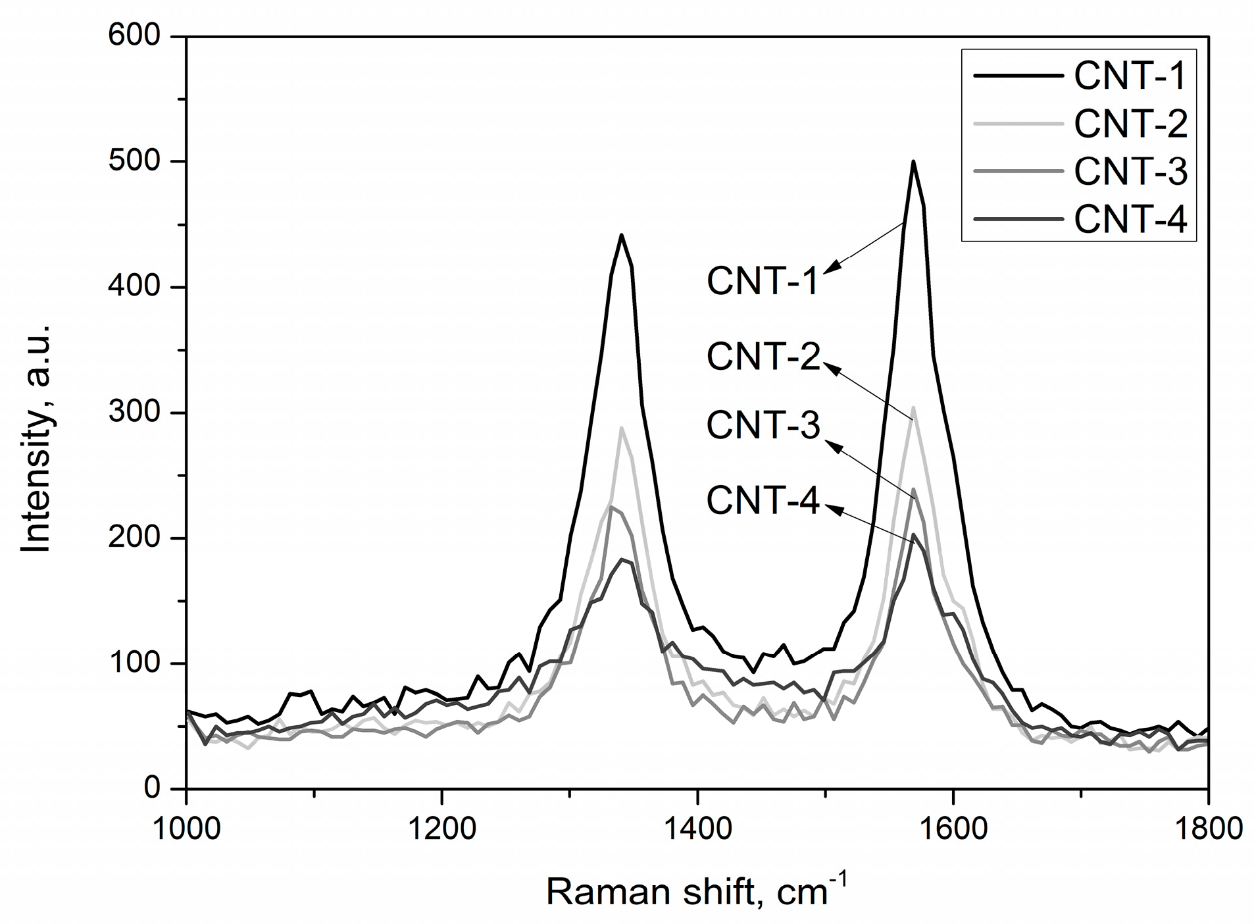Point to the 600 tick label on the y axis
pos(136,36)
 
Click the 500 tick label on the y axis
pos(136,162)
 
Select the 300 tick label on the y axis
pos(136,413)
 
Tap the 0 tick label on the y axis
pos(152,788)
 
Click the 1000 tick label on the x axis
pos(187,827)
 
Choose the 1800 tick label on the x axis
pos(1207,827)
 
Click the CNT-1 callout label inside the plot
pos(763,282)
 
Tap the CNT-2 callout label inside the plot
pos(763,357)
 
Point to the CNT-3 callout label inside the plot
pos(763,425)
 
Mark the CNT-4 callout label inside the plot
pos(763,500)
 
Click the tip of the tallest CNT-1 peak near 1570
pos(913,162)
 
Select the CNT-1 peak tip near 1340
pos(620,235)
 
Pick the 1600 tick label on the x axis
pos(953,827)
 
